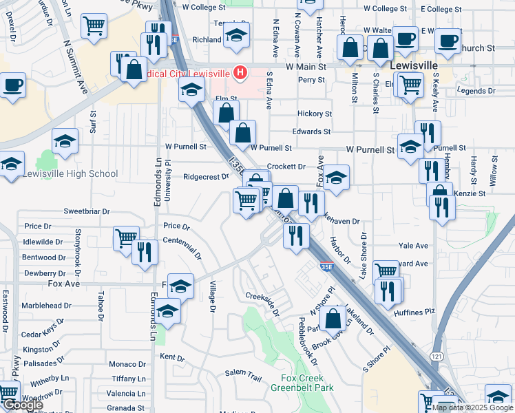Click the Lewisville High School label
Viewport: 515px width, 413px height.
[x=70, y=173]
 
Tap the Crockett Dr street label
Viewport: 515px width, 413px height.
[x=286, y=167]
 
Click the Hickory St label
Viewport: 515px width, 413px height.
[x=315, y=114]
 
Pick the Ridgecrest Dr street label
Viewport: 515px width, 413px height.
[x=206, y=176]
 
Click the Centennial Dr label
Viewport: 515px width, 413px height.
[x=182, y=246]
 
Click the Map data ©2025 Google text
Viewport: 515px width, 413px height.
[x=472, y=407]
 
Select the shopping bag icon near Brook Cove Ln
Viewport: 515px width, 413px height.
[x=333, y=317]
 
